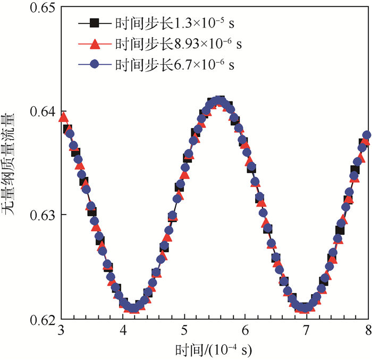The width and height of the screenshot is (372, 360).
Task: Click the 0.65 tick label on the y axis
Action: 42,10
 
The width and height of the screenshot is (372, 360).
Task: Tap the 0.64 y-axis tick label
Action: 42,112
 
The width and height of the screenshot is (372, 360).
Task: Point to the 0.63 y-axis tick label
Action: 42,215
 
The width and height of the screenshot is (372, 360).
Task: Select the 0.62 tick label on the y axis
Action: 42,320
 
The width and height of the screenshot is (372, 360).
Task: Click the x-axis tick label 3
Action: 62,331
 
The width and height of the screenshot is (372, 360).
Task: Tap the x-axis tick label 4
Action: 123,331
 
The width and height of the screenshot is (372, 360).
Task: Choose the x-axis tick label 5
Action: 184,331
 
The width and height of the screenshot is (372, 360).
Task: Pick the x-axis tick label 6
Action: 245,331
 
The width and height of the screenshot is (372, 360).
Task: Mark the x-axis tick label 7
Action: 306,331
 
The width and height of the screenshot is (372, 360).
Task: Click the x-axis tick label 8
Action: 367,331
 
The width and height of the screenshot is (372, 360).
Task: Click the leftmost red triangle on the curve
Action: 63,117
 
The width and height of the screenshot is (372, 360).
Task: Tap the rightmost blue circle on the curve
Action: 366,135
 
